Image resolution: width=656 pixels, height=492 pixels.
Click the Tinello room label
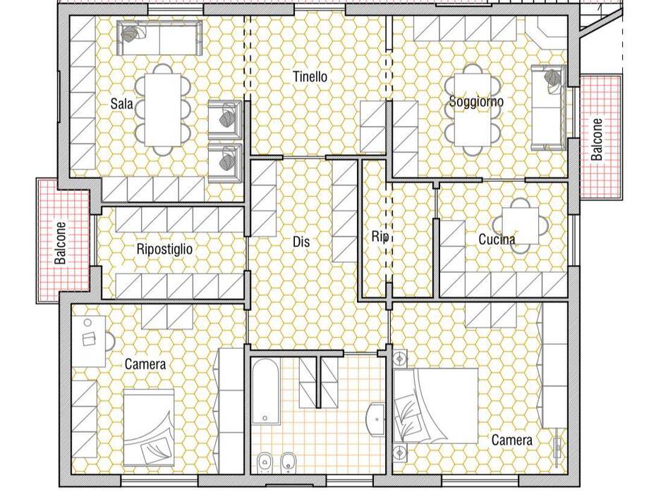point(310,77)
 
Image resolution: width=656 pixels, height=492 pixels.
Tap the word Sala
point(121,103)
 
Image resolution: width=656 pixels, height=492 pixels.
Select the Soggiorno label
point(476,102)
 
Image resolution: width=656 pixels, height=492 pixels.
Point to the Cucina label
point(497,239)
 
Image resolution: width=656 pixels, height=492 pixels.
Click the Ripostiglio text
point(164,249)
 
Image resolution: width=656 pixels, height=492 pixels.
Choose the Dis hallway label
point(301,242)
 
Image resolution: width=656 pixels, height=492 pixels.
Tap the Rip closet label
point(380,237)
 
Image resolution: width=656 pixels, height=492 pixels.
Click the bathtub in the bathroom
point(266,391)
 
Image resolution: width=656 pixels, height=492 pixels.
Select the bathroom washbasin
point(375,419)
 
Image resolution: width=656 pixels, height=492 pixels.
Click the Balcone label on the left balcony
point(61,243)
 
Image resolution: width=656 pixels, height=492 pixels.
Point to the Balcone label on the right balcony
point(597,140)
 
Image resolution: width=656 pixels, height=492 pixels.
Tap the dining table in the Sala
point(163,110)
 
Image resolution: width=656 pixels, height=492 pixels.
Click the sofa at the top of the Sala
point(161,39)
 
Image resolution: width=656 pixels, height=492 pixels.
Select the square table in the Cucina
point(521,226)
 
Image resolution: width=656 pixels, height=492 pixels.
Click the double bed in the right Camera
point(436,405)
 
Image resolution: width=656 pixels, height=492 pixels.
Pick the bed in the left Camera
point(149,427)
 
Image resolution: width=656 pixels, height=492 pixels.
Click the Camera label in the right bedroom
point(512,440)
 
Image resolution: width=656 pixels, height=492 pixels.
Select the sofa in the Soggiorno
point(549,107)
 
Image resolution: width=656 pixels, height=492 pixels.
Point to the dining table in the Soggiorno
point(473,109)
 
